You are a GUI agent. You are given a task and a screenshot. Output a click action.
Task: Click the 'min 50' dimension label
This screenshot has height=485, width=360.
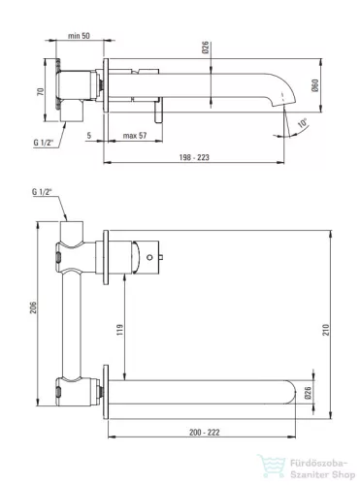[x=79, y=36]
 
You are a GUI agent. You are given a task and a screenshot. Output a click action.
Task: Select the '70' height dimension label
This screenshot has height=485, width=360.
[x=41, y=91]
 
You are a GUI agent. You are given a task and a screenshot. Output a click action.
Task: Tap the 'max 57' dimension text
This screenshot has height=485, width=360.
[x=135, y=136]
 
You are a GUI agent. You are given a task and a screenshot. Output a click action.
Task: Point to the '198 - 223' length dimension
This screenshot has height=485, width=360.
[x=194, y=157]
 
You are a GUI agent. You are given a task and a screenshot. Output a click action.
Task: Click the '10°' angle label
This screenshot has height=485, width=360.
[x=302, y=123]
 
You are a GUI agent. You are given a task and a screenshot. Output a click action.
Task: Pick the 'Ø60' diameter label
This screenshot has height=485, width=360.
[x=315, y=85]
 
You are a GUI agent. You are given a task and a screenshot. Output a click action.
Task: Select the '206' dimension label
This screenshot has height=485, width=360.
[x=33, y=307]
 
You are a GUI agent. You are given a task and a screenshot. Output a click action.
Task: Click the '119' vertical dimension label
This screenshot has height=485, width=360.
[x=120, y=330]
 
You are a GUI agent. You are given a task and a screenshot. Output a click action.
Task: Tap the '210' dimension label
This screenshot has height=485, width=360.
[x=326, y=330]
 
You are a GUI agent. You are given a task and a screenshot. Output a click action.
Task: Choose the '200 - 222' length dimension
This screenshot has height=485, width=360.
[x=205, y=433]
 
